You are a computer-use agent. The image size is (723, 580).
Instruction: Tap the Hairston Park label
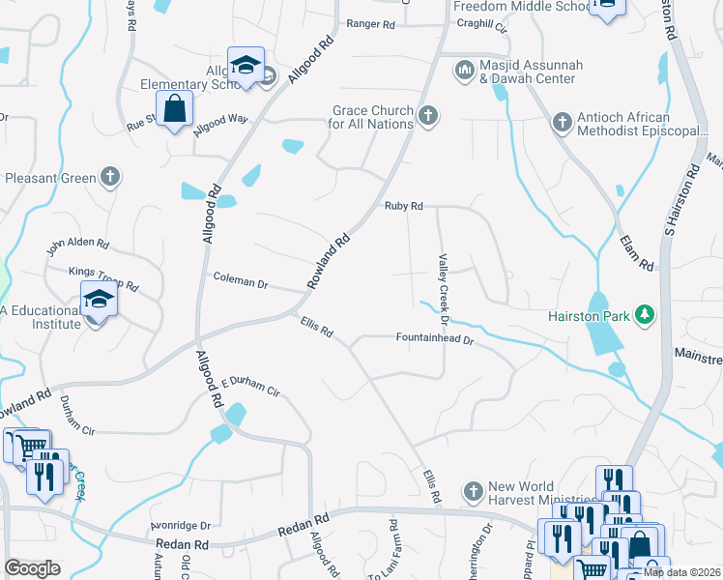coord(588,315)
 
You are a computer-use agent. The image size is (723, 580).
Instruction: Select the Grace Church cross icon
coord(429,118)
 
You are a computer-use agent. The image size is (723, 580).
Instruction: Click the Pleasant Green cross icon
coord(111,177)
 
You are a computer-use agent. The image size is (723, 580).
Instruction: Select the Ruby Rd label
coord(404,206)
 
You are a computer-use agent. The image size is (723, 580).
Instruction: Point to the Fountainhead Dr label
coord(435,339)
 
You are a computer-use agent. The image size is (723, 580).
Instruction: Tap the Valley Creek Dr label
coord(444,288)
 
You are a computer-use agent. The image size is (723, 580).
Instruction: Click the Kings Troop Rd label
coord(103,279)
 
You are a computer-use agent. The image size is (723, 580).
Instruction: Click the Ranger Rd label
coord(371,23)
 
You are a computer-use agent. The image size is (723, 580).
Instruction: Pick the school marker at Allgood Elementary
coord(246,66)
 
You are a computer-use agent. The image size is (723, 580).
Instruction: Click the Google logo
coord(33,568)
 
